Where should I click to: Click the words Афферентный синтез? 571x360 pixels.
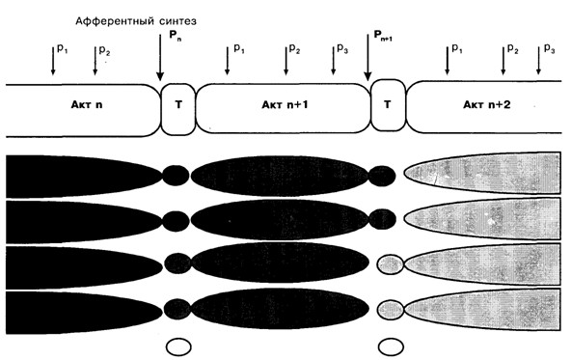coord(136,21)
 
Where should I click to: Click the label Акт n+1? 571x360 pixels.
coord(285,105)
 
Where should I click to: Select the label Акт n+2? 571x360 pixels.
coord(486,105)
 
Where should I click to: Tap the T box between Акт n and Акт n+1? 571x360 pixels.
coord(178,109)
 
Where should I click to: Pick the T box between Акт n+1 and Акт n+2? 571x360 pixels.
coord(388,105)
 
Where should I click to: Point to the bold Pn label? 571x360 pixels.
coord(176,36)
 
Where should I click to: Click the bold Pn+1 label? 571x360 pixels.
coord(383,36)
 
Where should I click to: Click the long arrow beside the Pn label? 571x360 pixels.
coord(160,58)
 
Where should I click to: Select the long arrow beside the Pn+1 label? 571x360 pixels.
coord(367,58)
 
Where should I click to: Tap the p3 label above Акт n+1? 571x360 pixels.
coord(342,48)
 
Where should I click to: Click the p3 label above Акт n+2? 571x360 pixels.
coord(549,48)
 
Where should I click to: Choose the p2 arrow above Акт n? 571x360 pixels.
coord(95,61)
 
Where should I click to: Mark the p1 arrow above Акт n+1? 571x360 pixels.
coord(228,61)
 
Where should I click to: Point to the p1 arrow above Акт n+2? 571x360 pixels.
coord(448,61)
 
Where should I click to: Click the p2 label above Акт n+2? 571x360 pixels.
coord(513,48)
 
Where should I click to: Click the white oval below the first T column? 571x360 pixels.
coord(178,346)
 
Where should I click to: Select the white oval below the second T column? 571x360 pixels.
coord(391,346)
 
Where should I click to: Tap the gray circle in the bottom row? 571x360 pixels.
coord(391,310)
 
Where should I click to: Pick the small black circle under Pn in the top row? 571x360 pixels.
coord(176,175)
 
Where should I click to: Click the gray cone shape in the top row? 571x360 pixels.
coord(482,173)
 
